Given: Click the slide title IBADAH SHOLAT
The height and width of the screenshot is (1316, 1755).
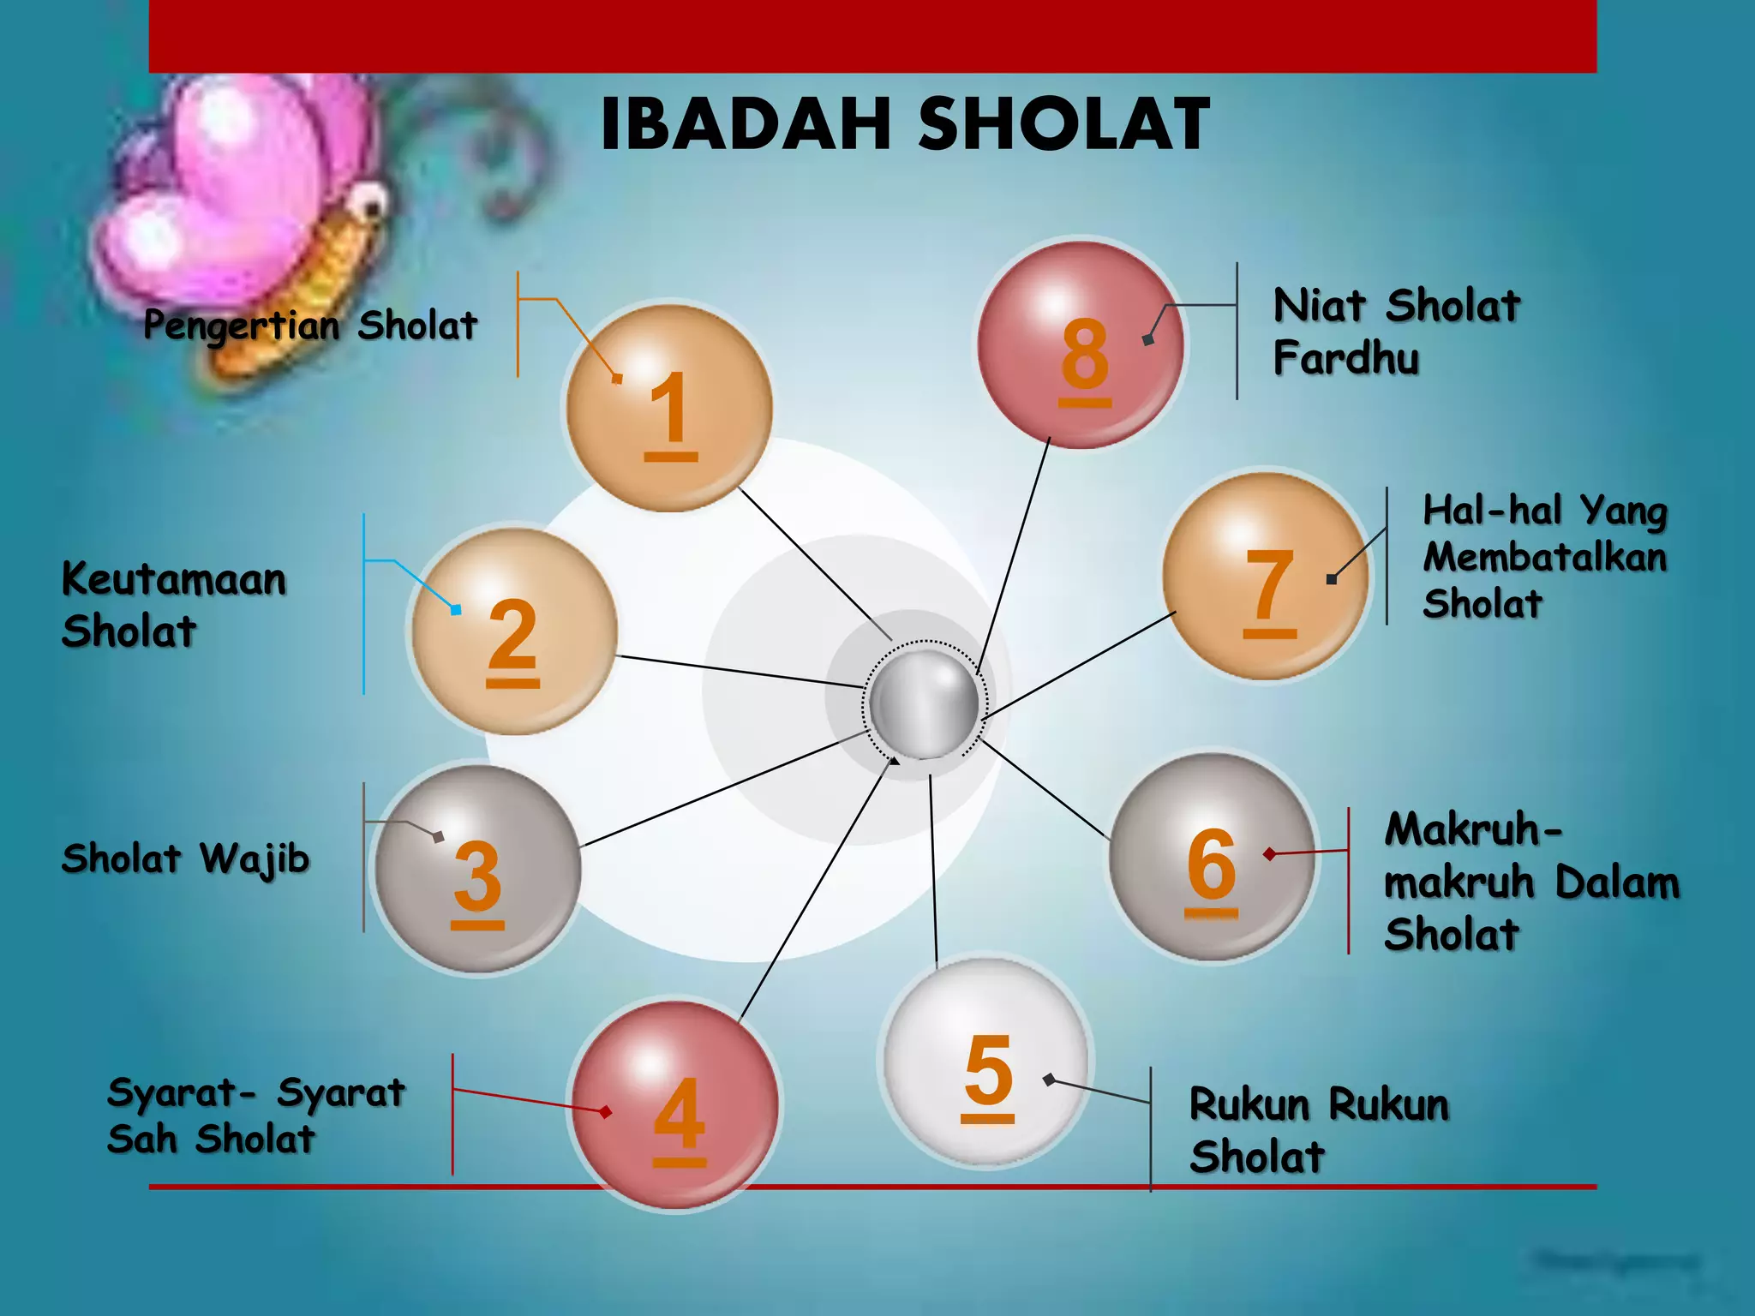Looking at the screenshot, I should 905,125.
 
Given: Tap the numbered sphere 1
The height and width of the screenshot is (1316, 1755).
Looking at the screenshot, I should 669,409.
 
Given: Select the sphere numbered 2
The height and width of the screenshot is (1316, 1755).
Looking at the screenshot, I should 514,632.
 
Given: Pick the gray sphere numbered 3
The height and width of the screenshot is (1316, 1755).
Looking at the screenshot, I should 477,869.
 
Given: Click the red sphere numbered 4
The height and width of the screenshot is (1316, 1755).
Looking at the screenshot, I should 676,1105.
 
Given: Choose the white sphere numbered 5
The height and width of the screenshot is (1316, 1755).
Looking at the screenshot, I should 986,1062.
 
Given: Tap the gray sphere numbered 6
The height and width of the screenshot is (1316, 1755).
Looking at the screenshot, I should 1212,858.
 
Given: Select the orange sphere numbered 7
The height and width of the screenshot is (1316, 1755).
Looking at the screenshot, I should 1267,577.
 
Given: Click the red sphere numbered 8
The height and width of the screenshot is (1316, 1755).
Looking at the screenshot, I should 1081,344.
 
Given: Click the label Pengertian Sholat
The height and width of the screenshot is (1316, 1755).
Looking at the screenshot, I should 310,326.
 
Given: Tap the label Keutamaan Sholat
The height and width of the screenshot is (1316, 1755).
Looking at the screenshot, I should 173,605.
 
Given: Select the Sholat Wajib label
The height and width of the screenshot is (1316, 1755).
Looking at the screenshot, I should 185,858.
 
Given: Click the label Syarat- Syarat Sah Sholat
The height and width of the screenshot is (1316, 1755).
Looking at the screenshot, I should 255,1116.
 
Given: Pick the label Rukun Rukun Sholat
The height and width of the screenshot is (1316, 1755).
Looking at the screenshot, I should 1318,1130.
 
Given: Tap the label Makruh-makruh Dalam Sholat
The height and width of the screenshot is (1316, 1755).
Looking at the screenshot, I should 1530,882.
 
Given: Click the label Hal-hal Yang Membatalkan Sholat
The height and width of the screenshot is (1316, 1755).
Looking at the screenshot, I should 1544,557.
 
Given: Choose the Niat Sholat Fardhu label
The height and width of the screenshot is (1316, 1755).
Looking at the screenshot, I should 1396,332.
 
